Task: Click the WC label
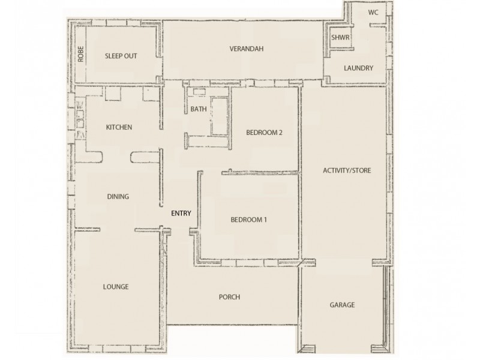(x=374, y=11)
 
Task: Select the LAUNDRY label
(x=359, y=68)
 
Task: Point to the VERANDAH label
(x=246, y=48)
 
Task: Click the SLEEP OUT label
(x=121, y=56)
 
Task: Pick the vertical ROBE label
(x=80, y=55)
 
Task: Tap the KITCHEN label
(x=119, y=127)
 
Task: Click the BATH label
(x=198, y=109)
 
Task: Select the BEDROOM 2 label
(x=264, y=133)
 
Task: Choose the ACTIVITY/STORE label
(x=347, y=170)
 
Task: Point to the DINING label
(x=118, y=196)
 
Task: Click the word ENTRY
(x=181, y=212)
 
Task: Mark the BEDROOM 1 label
(x=248, y=220)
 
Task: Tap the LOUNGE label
(x=116, y=287)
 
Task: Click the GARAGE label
(x=342, y=305)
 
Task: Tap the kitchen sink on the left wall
(x=79, y=118)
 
